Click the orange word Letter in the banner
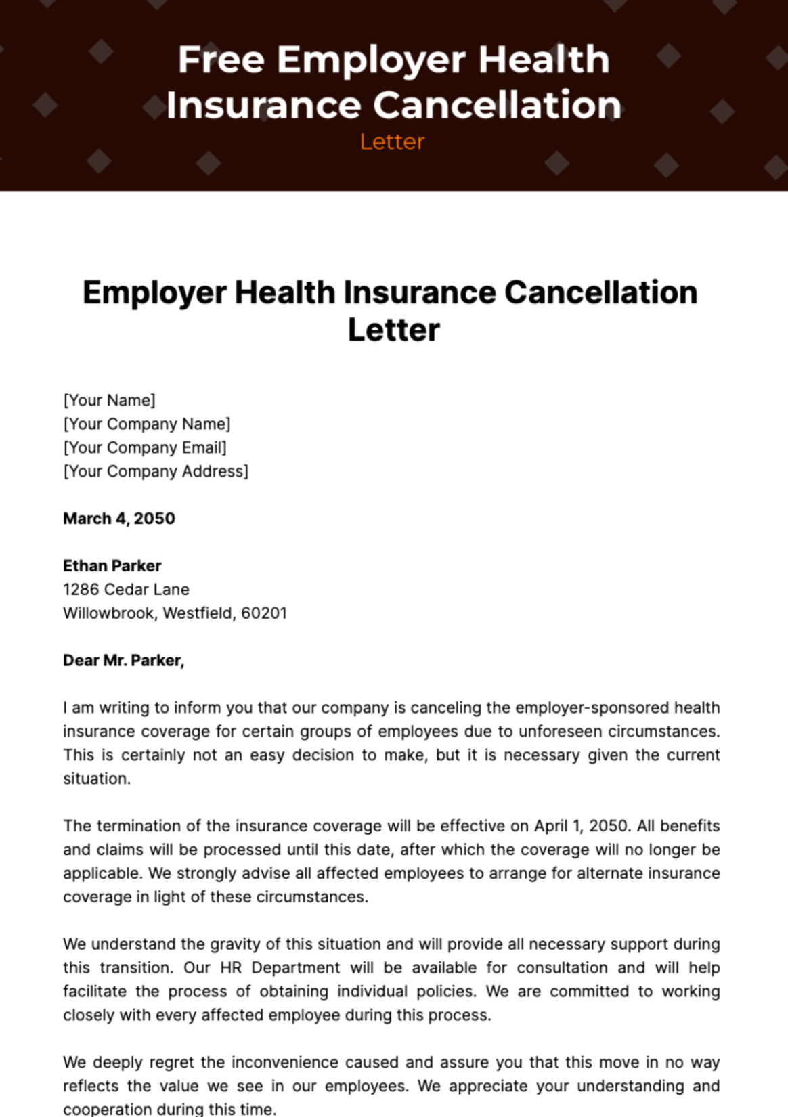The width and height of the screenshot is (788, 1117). pos(392,141)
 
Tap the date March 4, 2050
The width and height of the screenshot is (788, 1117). pos(119,519)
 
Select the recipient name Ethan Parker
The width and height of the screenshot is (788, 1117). pos(112,566)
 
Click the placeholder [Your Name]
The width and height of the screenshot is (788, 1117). pos(110,400)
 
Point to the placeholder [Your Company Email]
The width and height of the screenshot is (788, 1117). pos(145,447)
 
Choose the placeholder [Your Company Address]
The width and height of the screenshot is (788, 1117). pos(156,471)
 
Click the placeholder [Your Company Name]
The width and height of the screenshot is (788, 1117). pos(147,424)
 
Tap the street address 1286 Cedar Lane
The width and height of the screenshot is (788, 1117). pos(126,590)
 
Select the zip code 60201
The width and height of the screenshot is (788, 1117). pos(264,613)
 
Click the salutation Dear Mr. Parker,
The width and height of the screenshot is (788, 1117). pos(124,661)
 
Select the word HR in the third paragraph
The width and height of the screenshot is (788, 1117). pos(231,968)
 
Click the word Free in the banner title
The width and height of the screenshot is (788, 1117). pos(221,60)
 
